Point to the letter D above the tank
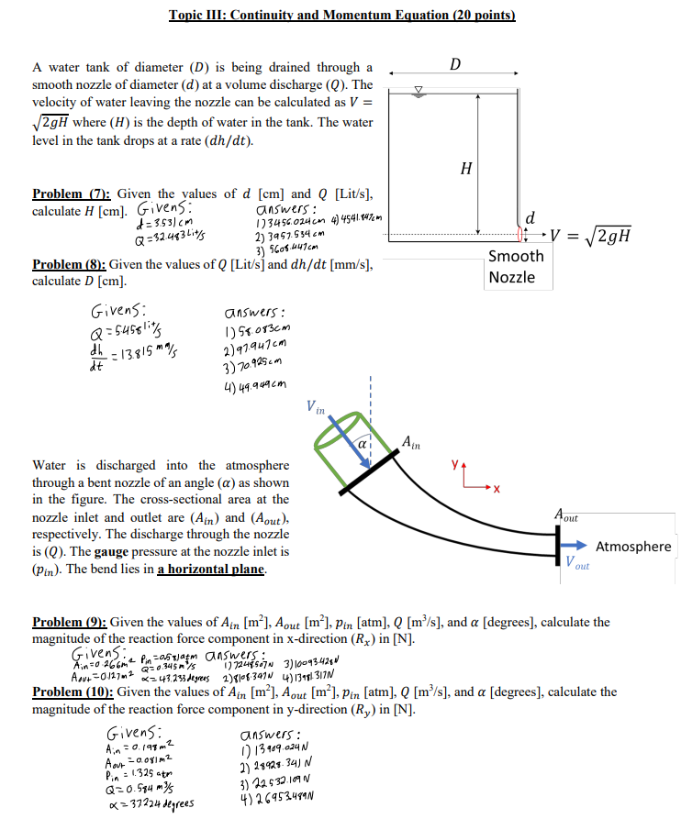click(x=456, y=62)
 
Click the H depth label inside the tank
click(x=467, y=168)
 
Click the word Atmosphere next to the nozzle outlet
click(x=633, y=546)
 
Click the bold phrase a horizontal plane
click(x=210, y=570)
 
